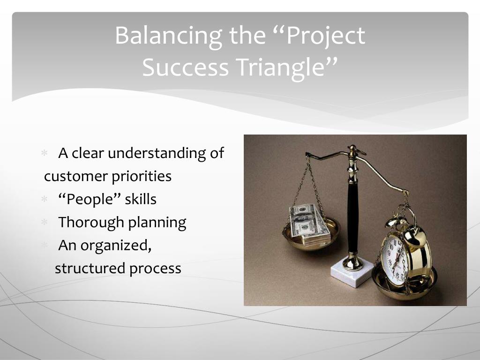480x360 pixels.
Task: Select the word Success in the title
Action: click(186, 67)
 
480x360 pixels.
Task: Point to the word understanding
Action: click(156, 153)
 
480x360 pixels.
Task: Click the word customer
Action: click(75, 177)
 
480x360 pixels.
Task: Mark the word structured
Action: click(90, 269)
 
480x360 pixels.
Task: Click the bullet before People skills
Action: click(45, 199)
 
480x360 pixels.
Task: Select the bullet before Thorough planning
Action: click(45, 222)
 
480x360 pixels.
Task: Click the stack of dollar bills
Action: click(308, 225)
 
